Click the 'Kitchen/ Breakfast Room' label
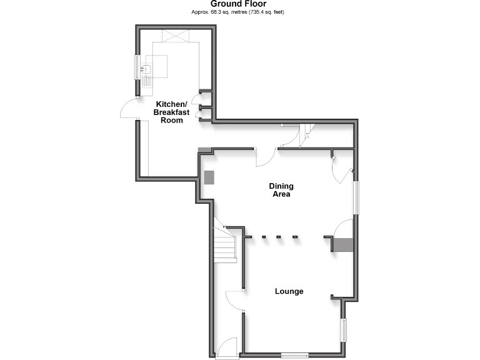coord(171,112)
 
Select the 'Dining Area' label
coord(281,190)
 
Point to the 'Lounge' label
coord(289,291)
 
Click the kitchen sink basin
coord(149,70)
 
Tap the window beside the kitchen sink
coord(137,67)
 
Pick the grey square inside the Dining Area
coord(209,177)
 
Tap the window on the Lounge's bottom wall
coord(294,355)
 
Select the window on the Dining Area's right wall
coord(357,198)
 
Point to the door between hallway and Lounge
coord(234,301)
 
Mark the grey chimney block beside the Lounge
coord(342,244)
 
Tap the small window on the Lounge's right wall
coord(343,329)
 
